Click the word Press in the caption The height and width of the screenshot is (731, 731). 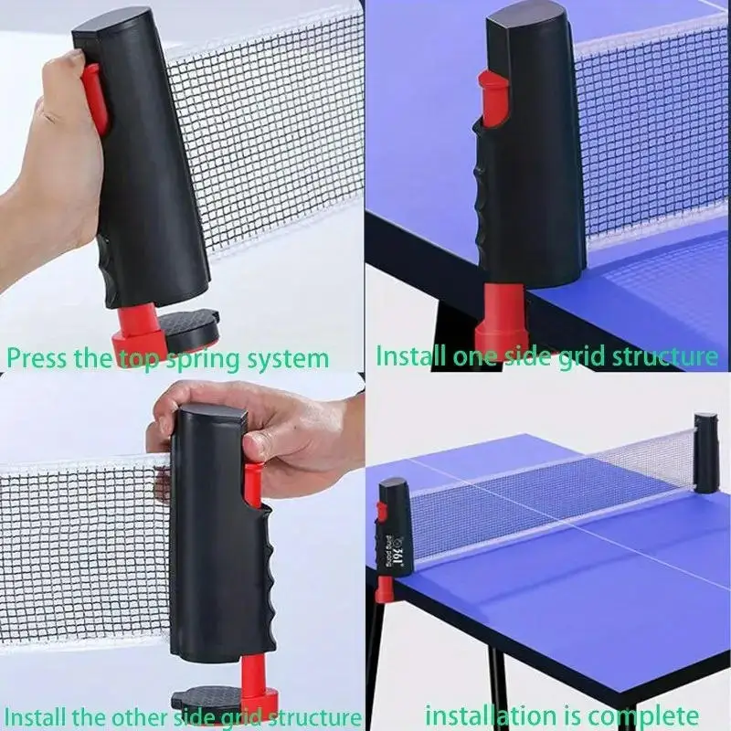[37, 356]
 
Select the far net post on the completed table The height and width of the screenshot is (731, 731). [706, 448]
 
